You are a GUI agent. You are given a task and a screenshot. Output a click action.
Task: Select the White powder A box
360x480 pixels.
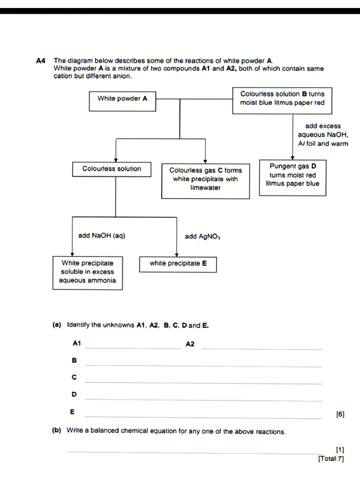pyautogui.click(x=122, y=99)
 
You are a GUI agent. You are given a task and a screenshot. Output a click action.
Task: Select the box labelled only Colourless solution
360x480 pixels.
pyautogui.click(x=112, y=169)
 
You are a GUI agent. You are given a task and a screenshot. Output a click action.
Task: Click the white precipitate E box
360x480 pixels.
pyautogui.click(x=178, y=263)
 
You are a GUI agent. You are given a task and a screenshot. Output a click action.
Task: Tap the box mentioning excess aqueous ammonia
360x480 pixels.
pyautogui.click(x=87, y=272)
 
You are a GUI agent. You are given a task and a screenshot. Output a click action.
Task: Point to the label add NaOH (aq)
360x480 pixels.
pyautogui.click(x=102, y=236)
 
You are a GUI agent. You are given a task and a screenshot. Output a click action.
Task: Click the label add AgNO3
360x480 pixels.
pyautogui.click(x=202, y=237)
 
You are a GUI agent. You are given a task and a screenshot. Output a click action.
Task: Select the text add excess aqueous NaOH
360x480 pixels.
pyautogui.click(x=323, y=135)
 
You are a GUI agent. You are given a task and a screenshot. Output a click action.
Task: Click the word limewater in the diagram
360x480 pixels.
pyautogui.click(x=205, y=188)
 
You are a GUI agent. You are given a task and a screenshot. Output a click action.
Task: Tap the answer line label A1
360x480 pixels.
pyautogui.click(x=77, y=344)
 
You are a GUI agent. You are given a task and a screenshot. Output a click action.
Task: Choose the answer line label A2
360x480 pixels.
pyautogui.click(x=190, y=344)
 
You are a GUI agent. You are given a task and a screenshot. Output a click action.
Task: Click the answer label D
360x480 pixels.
pyautogui.click(x=74, y=394)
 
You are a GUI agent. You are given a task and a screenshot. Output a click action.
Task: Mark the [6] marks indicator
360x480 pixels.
pyautogui.click(x=340, y=414)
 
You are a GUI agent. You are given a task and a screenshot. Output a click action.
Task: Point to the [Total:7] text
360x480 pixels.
pyautogui.click(x=331, y=458)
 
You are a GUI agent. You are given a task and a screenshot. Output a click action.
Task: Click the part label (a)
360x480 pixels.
pyautogui.click(x=57, y=325)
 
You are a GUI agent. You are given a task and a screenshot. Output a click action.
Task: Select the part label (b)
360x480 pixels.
pyautogui.click(x=57, y=431)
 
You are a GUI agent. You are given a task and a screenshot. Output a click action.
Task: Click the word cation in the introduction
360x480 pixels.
pyautogui.click(x=64, y=76)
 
